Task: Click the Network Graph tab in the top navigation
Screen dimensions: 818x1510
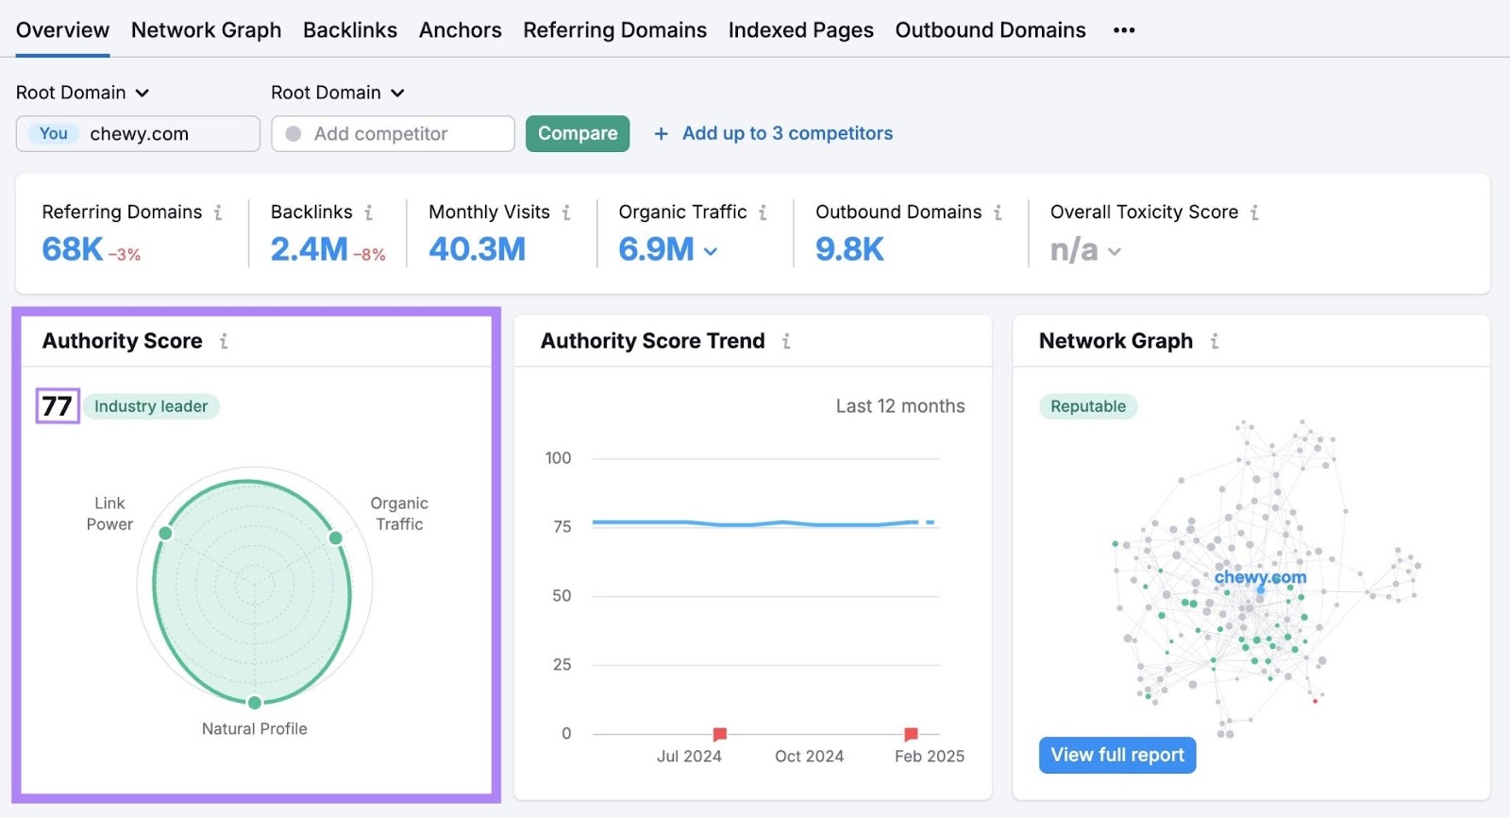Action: coord(206,30)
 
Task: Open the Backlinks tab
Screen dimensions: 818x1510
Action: coord(349,30)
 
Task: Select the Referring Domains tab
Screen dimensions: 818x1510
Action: coord(614,30)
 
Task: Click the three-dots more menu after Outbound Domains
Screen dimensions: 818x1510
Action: coord(1123,30)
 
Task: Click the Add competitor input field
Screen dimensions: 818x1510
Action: coord(393,134)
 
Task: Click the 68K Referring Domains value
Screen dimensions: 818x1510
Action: coord(73,249)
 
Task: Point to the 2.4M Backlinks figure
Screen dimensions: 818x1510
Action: coord(309,249)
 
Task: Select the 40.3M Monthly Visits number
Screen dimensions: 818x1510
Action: coord(477,249)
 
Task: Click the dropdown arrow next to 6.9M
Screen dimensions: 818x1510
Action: coord(711,251)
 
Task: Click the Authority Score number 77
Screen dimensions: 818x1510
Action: coord(57,406)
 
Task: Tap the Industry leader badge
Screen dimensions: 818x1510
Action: coord(151,406)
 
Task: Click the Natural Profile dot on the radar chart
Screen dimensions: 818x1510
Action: coord(255,702)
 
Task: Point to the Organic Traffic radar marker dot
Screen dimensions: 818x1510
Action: coord(335,537)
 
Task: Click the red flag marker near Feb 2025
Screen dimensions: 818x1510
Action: coord(911,734)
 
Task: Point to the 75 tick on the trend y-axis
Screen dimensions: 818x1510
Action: coord(562,527)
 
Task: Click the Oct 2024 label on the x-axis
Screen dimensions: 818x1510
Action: coord(809,756)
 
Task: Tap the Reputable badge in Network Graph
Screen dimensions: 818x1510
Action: coord(1088,406)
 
